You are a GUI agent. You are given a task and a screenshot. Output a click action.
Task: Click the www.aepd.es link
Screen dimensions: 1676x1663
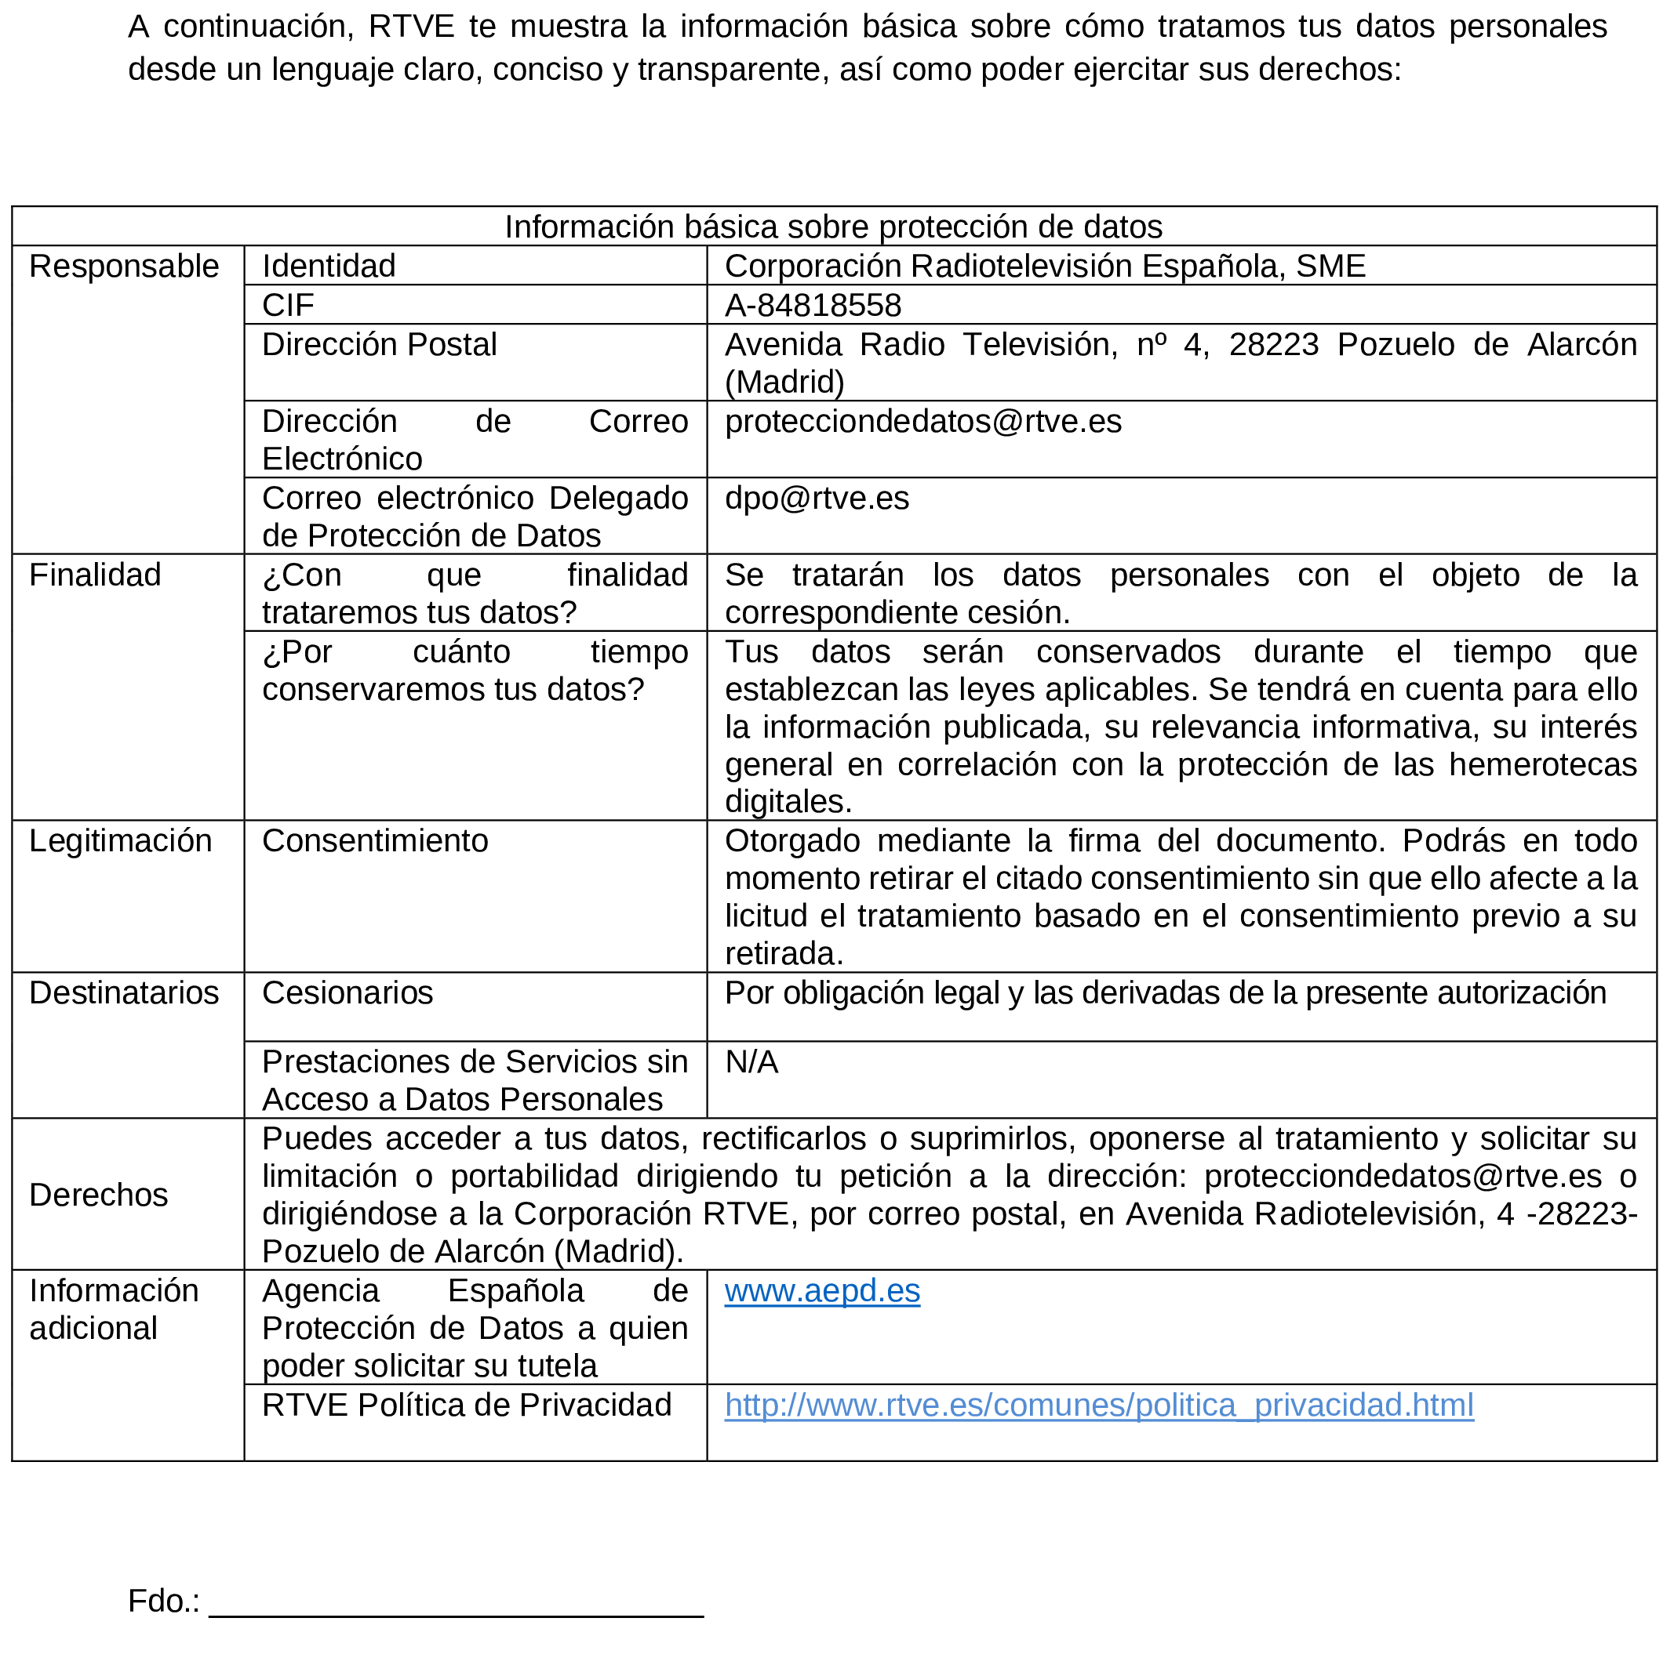click(821, 1292)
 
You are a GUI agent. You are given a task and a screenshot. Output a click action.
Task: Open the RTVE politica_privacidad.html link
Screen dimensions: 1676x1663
click(1098, 1406)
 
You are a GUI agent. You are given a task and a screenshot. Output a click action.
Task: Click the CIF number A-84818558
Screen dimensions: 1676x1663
click(813, 306)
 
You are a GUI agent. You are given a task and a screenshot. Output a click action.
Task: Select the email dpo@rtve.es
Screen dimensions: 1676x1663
click(816, 499)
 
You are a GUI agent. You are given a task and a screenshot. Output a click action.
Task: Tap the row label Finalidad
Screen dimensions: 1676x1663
click(95, 575)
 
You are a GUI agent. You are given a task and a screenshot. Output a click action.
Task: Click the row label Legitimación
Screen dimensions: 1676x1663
click(120, 841)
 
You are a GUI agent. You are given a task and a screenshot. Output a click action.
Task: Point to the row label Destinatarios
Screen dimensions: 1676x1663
click(123, 993)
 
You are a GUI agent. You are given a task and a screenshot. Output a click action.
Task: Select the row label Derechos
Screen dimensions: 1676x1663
click(98, 1195)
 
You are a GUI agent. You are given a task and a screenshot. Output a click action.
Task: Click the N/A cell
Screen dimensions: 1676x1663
click(751, 1063)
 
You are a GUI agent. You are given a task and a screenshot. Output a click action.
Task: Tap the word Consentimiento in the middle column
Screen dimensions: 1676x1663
click(375, 841)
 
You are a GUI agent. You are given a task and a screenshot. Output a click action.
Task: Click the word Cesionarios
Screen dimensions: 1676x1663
click(348, 993)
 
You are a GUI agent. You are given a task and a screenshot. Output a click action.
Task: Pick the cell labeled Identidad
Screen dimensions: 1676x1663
click(328, 267)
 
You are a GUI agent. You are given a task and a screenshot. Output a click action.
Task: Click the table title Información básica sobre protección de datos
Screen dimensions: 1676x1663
click(832, 227)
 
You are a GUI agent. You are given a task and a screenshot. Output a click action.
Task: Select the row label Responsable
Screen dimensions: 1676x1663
click(123, 267)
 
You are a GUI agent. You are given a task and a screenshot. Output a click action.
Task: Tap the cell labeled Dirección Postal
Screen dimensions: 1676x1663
click(380, 345)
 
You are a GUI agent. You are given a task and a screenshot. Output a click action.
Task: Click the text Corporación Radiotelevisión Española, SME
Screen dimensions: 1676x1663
click(1044, 267)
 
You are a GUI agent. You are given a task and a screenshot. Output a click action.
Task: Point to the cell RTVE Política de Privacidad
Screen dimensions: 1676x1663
click(466, 1406)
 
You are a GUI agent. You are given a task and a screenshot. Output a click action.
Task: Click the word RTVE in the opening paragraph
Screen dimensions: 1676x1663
click(410, 27)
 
